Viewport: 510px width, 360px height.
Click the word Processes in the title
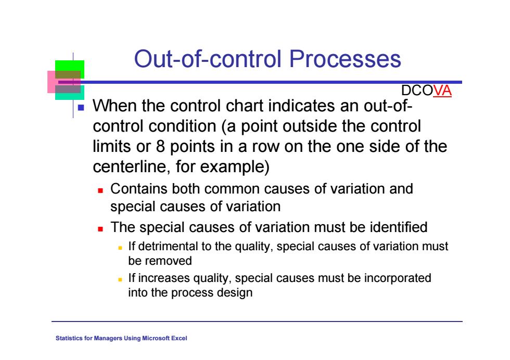tap(345, 59)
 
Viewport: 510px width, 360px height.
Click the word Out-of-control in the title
tap(208, 59)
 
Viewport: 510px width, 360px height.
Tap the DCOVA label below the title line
tap(426, 91)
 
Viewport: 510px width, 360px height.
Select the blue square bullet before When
tap(81, 107)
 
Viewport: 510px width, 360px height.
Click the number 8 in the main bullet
tap(160, 146)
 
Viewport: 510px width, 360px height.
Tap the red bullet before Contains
tap(100, 190)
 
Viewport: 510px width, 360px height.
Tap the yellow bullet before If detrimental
tap(120, 248)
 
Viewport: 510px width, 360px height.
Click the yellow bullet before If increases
tap(120, 279)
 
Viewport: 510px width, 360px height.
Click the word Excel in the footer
tap(179, 338)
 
